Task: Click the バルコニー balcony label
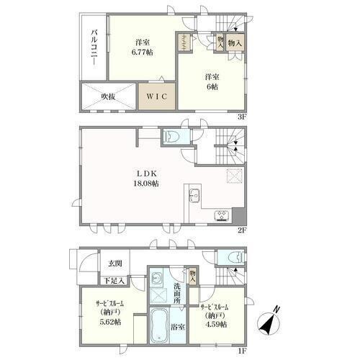tap(95, 47)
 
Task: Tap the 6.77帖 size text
tap(143, 53)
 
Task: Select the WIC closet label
tap(157, 96)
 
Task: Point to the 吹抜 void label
tap(108, 96)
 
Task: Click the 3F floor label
tap(242, 117)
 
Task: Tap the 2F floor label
tap(242, 230)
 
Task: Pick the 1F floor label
tap(242, 351)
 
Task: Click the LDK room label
tap(147, 174)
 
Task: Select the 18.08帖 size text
tap(146, 184)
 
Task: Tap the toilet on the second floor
tap(171, 137)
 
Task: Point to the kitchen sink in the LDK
tap(194, 196)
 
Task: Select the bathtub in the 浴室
tap(159, 326)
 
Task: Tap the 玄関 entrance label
tap(115, 264)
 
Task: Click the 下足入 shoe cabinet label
tap(114, 280)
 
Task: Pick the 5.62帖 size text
tap(110, 322)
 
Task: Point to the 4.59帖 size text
tap(216, 324)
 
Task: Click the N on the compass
tap(277, 309)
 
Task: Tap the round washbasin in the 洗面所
tap(156, 279)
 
